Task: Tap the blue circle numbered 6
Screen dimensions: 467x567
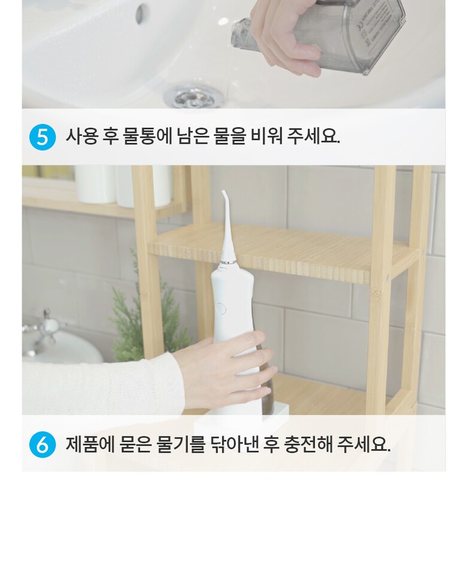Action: tap(43, 444)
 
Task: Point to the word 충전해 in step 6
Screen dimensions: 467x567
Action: tap(308, 444)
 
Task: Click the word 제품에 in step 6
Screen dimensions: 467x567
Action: tap(90, 444)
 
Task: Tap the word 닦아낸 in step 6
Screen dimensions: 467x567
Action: tap(234, 444)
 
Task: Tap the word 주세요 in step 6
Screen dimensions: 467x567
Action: tap(363, 444)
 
